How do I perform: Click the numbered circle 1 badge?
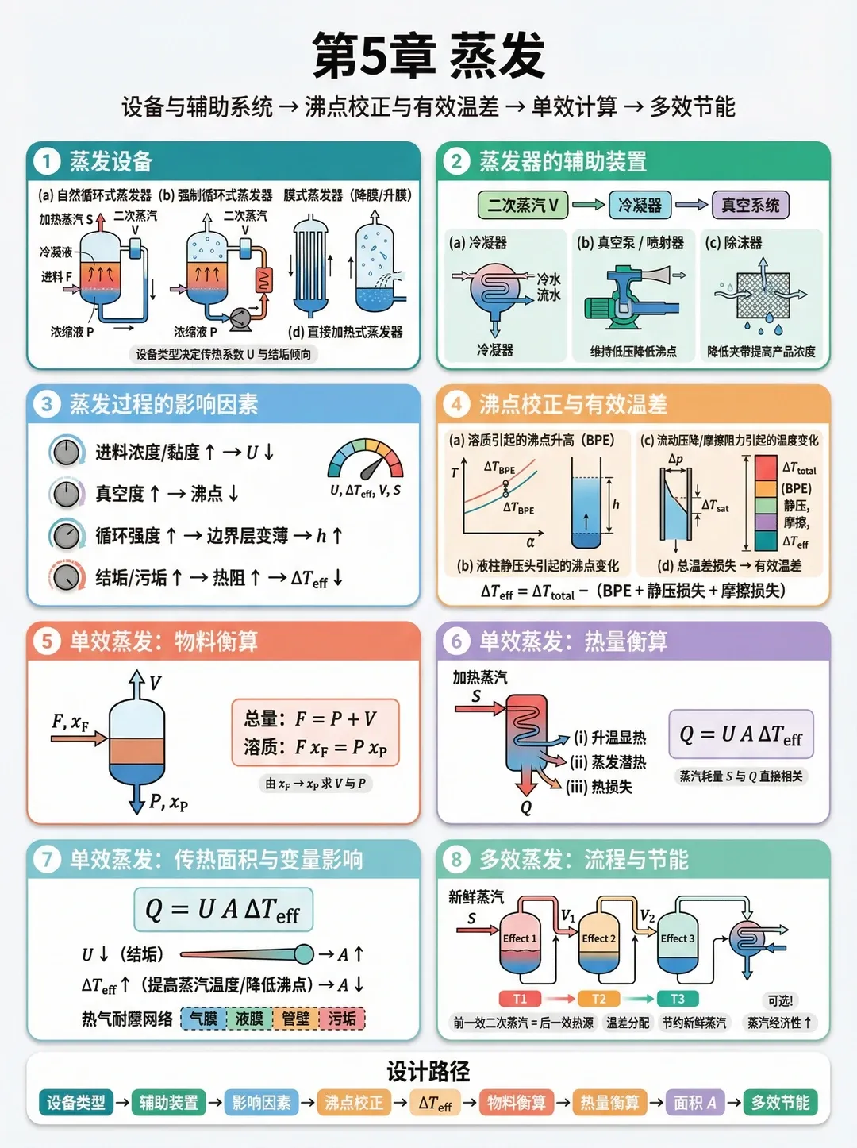click(x=47, y=162)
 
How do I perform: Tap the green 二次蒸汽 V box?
click(x=522, y=206)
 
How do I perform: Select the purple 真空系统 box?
click(x=750, y=206)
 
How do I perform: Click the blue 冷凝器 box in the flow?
click(x=640, y=206)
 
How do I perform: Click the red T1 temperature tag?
click(x=520, y=999)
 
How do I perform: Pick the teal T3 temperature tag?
click(x=677, y=999)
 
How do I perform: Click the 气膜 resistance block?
click(x=203, y=1019)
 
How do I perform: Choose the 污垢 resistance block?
click(x=342, y=1019)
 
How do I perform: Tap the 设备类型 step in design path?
click(x=75, y=1103)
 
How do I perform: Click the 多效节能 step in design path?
click(x=780, y=1103)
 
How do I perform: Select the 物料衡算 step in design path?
click(x=516, y=1103)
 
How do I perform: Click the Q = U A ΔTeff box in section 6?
click(x=741, y=735)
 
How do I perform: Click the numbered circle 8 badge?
click(x=456, y=859)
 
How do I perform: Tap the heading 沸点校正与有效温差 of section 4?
click(x=573, y=405)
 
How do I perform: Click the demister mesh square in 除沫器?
click(x=763, y=295)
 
